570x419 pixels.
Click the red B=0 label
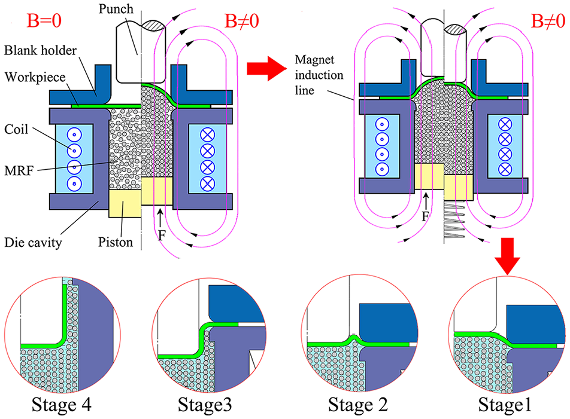pos(44,21)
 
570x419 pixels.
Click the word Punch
pos(116,9)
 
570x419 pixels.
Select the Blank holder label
pos(40,50)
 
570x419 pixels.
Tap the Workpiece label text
pos(35,77)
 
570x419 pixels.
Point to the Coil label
pos(16,129)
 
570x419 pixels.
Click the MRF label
pos(19,170)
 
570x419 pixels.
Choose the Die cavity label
pos(33,242)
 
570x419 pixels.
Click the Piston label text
pos(116,242)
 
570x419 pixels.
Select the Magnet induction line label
pos(319,75)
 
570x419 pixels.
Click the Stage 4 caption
pos(62,405)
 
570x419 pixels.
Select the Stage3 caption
pos(205,405)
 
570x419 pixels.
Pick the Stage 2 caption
pos(358,405)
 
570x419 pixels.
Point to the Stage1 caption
pos(505,405)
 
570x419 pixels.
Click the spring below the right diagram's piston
pos(454,219)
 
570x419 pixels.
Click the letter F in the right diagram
pos(425,216)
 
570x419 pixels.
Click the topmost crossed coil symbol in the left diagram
pos(208,135)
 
